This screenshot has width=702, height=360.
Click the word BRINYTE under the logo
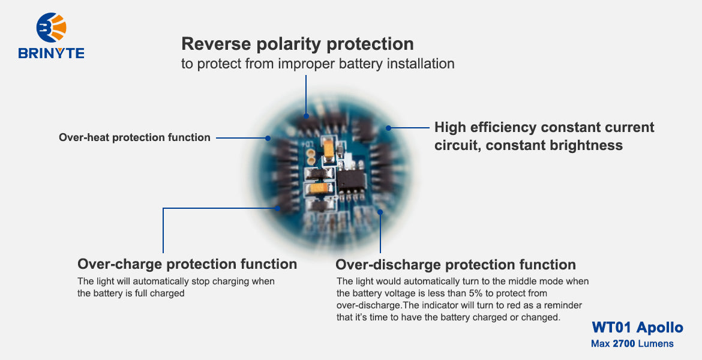click(x=51, y=53)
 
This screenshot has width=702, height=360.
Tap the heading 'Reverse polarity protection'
click(x=297, y=44)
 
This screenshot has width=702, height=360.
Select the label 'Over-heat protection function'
click(x=134, y=137)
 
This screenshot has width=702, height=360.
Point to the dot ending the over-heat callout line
click(x=268, y=138)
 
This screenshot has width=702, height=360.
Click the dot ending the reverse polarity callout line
click(x=306, y=116)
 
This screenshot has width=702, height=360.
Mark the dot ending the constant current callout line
click(x=389, y=128)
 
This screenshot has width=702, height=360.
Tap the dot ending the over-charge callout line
click(x=278, y=209)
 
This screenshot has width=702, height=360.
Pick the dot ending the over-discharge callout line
click(x=380, y=211)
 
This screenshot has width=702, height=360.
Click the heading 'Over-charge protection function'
click(x=187, y=264)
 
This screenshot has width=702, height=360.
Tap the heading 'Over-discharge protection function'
click(x=455, y=265)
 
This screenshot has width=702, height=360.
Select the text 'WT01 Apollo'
click(x=637, y=327)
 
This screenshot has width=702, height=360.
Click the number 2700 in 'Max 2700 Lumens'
click(x=624, y=344)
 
